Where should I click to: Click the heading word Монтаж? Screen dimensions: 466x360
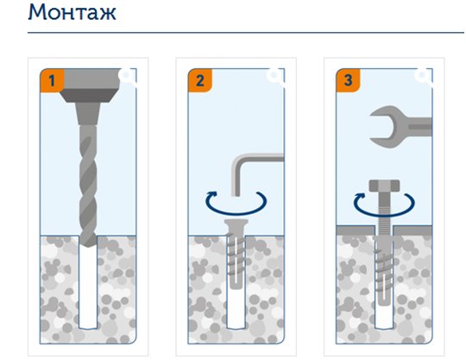tap(72, 12)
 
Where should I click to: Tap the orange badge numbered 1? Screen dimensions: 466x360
tap(52, 80)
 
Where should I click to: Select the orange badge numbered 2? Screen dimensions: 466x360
tap(200, 80)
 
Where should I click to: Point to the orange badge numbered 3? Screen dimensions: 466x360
tap(348, 80)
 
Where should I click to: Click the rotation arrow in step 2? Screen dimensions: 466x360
tap(236, 212)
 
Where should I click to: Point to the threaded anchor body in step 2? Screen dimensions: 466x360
tap(236, 260)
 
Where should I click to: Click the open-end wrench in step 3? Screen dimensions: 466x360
tap(400, 127)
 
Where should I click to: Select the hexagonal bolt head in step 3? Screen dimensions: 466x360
tap(384, 186)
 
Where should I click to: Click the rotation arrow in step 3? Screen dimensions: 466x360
tap(384, 214)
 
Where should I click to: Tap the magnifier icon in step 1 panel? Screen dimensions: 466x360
tap(127, 77)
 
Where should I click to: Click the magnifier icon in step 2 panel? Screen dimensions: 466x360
tap(275, 77)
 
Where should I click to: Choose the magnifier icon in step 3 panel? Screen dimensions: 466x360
tap(423, 77)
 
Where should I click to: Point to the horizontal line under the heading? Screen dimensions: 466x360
tap(246, 33)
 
